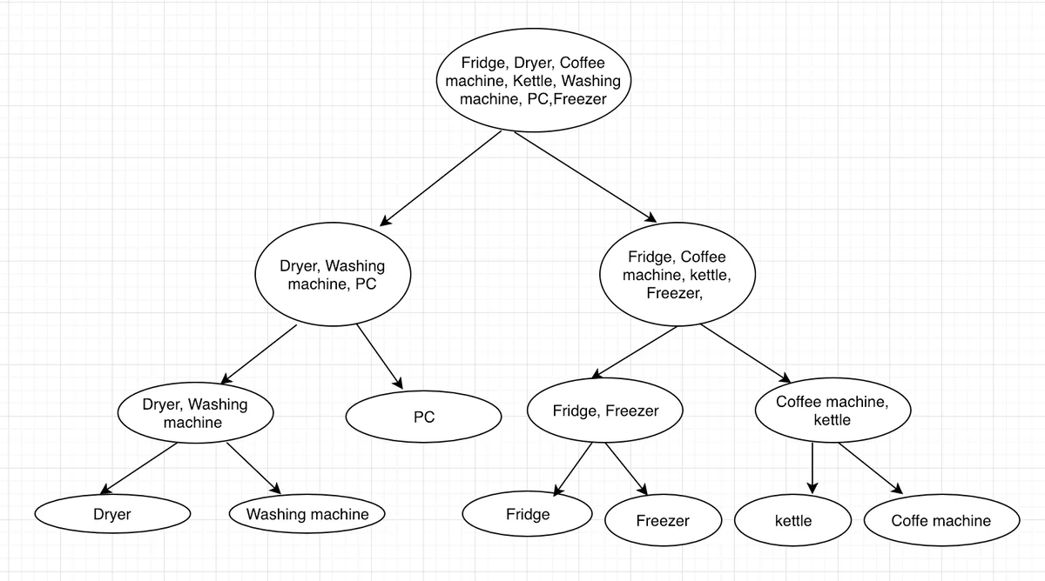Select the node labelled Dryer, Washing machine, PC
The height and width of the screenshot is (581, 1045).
click(x=332, y=276)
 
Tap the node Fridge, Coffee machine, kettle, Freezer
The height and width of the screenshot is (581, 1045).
click(x=677, y=276)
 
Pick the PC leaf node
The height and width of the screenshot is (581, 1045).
click(x=423, y=417)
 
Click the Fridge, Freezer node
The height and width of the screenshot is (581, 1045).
click(x=605, y=411)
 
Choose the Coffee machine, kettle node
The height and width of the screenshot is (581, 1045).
click(x=833, y=411)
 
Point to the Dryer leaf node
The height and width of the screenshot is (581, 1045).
click(x=112, y=514)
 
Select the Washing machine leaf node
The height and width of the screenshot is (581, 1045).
click(x=307, y=514)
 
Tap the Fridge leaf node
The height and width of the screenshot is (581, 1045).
click(x=528, y=514)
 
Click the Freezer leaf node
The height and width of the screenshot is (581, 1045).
click(x=663, y=521)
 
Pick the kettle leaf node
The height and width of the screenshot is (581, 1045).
click(x=792, y=521)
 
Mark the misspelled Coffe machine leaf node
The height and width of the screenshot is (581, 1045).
click(x=940, y=521)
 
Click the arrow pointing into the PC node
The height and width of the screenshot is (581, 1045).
click(x=380, y=356)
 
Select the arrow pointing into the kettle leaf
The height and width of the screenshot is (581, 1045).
click(x=812, y=470)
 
